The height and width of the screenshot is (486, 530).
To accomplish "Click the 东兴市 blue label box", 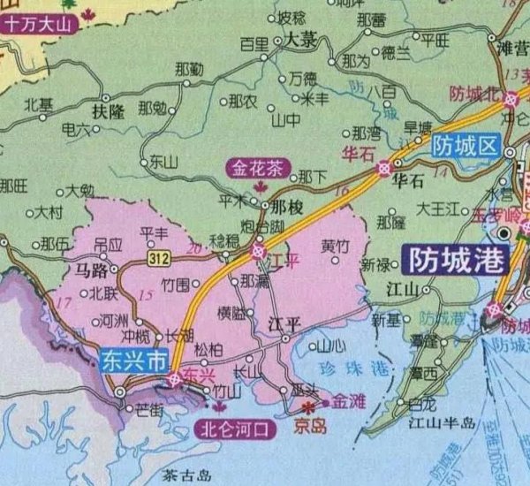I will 134,361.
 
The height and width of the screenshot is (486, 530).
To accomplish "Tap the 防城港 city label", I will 456,260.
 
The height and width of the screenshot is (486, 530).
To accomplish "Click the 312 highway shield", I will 160,257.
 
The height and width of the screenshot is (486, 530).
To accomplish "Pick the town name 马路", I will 92,270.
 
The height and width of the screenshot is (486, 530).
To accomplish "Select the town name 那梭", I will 287,206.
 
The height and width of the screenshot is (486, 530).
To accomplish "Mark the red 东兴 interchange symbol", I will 175,379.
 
